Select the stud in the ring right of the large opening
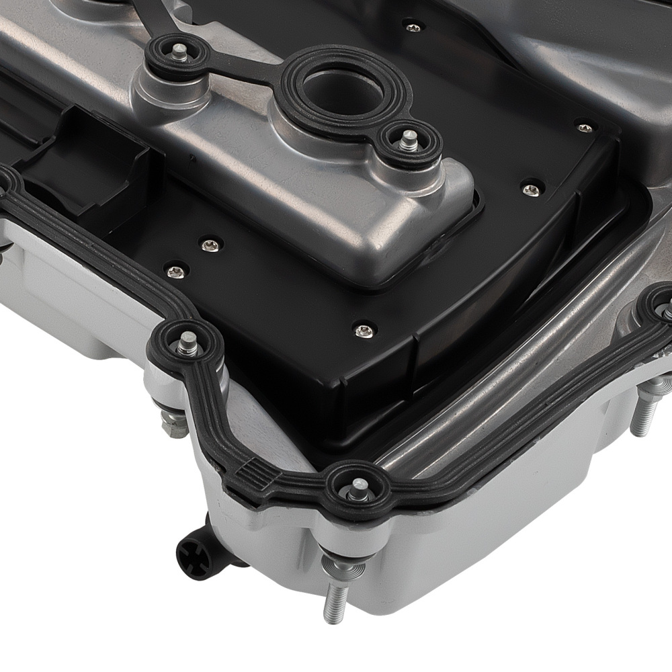point(407,140)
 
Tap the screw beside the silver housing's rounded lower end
point(530,190)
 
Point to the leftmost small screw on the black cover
point(175,271)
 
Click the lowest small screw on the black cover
point(363,331)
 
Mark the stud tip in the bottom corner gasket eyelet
point(355,485)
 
